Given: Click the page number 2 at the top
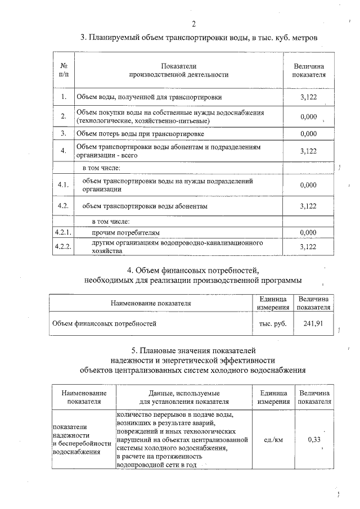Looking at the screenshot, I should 193,24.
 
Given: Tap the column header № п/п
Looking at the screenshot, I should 64,70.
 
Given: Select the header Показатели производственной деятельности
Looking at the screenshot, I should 179,70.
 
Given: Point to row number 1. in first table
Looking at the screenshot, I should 64,97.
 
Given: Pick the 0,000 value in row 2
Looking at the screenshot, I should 308,116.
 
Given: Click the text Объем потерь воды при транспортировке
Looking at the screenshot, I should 140,134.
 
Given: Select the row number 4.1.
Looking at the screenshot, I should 64,185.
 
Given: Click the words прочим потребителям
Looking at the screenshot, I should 126,232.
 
